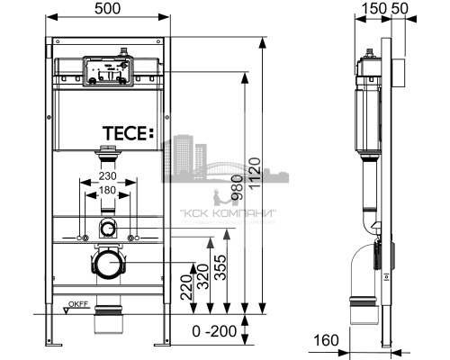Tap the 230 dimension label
[108, 176]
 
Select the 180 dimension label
[108, 190]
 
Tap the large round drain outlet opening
[108, 265]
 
